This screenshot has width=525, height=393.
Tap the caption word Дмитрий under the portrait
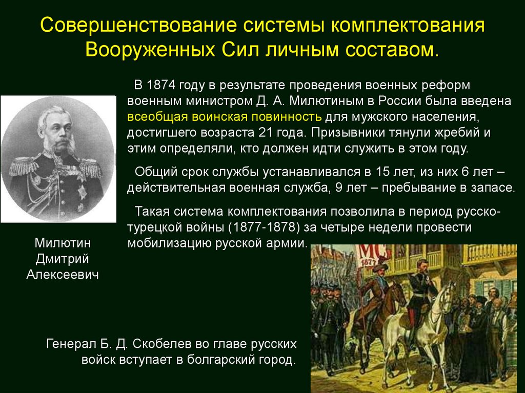point(62,259)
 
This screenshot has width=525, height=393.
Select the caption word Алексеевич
point(62,275)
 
